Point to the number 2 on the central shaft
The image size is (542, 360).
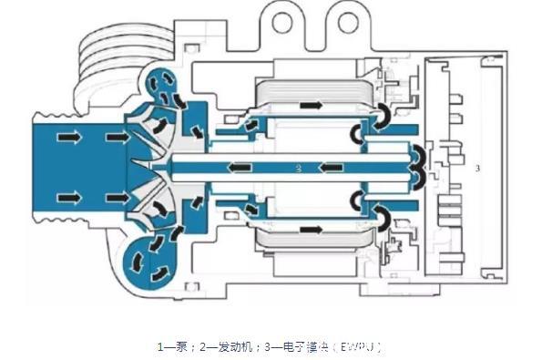click(297, 169)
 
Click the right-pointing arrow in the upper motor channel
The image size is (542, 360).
click(312, 106)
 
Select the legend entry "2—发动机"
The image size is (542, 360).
click(220, 346)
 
